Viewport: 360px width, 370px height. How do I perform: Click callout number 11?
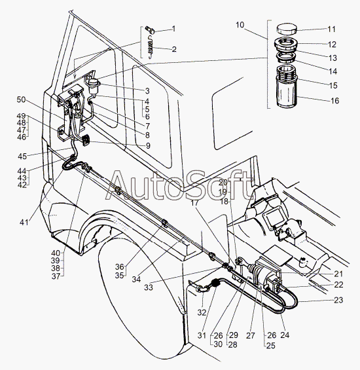click(x=331, y=29)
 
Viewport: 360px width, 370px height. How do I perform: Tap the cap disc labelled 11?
click(x=286, y=29)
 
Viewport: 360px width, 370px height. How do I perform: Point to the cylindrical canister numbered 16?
click(x=286, y=94)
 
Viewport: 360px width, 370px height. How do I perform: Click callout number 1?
click(x=173, y=29)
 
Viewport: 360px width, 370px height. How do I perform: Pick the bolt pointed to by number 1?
click(x=150, y=29)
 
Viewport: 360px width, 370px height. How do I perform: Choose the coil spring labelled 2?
click(x=150, y=46)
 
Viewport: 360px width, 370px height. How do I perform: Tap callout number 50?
click(x=21, y=100)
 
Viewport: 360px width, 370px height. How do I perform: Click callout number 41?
click(x=24, y=222)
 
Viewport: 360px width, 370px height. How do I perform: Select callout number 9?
click(x=148, y=145)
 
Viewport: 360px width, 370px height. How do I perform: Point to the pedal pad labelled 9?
click(x=85, y=139)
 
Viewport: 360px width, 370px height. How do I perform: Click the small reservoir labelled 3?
click(x=94, y=86)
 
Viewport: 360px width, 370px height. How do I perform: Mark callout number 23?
click(x=338, y=301)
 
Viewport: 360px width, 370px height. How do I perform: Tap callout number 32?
click(x=202, y=312)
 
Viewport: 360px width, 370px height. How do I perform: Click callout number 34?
click(x=136, y=280)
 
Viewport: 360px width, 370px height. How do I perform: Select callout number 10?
click(x=240, y=25)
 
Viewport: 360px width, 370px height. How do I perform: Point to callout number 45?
click(x=22, y=156)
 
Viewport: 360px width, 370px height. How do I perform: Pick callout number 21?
click(x=338, y=274)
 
